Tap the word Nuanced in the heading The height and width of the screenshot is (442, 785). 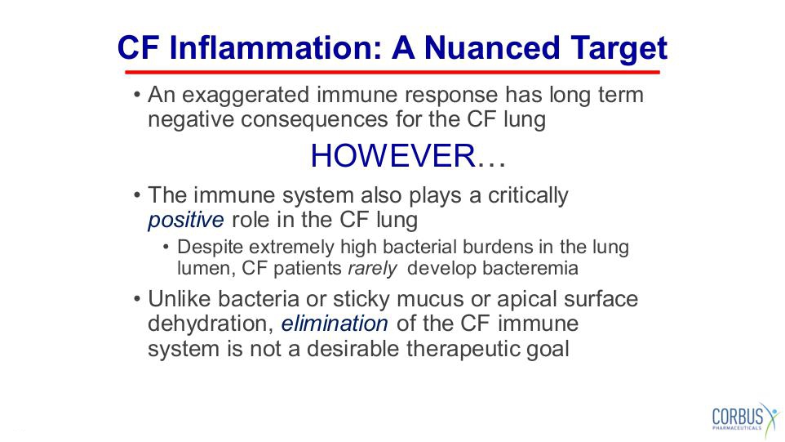[492, 48]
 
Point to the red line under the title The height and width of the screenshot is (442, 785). [392, 72]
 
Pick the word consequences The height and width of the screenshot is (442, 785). [314, 120]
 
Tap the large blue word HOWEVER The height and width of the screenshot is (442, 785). [392, 155]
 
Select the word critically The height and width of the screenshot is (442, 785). [528, 196]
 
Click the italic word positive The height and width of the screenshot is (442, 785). [186, 221]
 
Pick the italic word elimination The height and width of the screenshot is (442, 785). [335, 324]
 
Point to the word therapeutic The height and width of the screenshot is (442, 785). [463, 350]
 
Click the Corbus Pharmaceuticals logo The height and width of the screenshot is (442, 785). [746, 417]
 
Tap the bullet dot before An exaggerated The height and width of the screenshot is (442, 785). [136, 95]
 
